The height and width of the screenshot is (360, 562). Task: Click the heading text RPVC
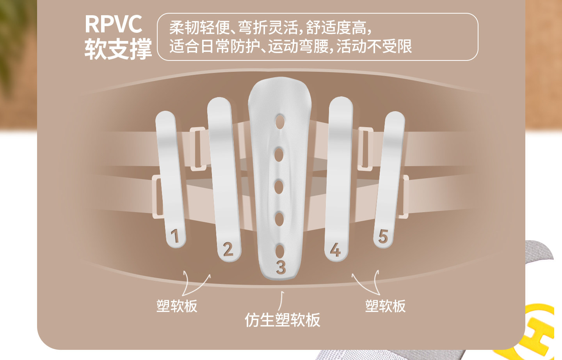114,24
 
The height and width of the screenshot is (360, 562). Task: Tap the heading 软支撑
118,49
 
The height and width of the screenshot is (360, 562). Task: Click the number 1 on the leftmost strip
175,236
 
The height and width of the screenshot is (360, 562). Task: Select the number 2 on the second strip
228,249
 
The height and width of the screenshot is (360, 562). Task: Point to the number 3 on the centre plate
281,267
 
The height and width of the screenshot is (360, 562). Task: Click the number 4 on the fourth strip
336,250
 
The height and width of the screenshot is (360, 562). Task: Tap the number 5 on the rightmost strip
383,236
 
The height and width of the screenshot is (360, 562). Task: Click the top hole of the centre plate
280,122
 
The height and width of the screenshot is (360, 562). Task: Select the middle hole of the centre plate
279,187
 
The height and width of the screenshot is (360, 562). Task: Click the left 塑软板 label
177,306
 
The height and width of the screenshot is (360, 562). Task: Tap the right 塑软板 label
385,306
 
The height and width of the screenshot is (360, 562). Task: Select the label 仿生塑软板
283,320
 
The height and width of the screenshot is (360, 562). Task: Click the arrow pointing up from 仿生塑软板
281,301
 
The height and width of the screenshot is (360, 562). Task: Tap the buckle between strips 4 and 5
365,149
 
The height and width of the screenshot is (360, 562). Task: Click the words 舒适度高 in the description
336,28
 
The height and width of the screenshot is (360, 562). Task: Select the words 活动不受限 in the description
374,47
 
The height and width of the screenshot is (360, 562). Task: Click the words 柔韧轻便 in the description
199,28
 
